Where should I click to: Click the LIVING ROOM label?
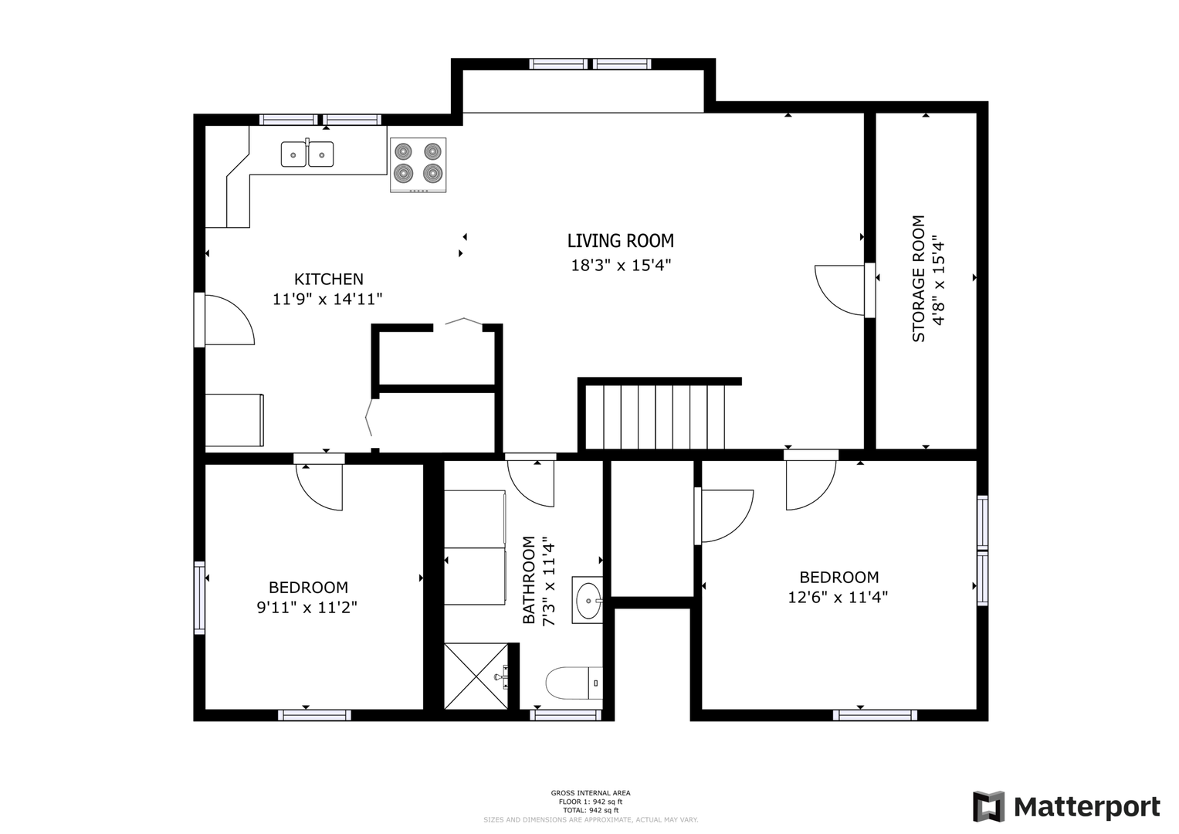tap(621, 241)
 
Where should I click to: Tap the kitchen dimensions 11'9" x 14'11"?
tap(327, 299)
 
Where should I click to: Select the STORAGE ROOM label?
tap(919, 279)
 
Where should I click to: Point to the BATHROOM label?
tap(528, 580)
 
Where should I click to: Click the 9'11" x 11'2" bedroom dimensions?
tap(307, 608)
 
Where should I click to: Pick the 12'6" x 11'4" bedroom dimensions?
tap(838, 598)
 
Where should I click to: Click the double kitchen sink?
tap(307, 153)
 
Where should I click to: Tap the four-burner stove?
tap(418, 164)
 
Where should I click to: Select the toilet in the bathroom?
tap(574, 683)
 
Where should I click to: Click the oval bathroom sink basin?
tap(588, 600)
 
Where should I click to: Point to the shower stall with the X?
tap(476, 676)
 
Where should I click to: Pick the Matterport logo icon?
tap(988, 806)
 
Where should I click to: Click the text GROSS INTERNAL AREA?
tap(591, 793)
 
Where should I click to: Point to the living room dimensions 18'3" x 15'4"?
tap(621, 265)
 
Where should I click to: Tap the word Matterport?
tap(1087, 808)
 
